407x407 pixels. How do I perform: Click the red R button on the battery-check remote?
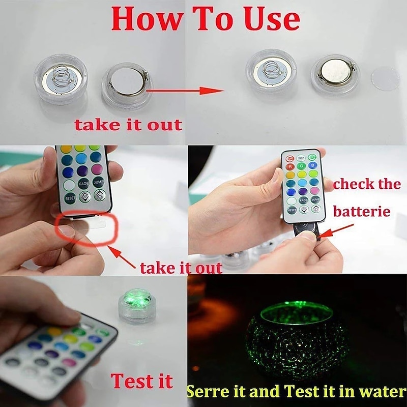coord(290,166)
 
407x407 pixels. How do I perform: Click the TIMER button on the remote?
coord(302,158)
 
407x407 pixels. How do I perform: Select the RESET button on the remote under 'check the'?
coord(292,209)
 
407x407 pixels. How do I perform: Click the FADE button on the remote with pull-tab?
coord(83,184)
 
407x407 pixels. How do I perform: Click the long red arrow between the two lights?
coord(186,91)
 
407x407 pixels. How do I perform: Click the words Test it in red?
coord(142,381)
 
